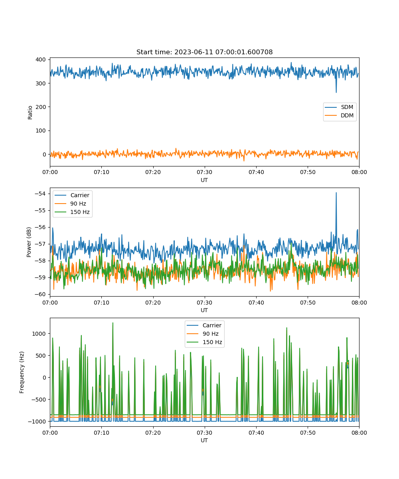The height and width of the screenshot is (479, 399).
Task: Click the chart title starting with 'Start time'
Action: (x=204, y=52)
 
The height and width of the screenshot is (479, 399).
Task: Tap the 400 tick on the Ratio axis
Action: (x=41, y=59)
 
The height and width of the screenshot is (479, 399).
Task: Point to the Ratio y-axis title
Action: (x=30, y=113)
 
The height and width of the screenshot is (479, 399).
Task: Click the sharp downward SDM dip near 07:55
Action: (x=336, y=91)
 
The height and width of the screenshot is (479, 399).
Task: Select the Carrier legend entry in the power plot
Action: (x=72, y=195)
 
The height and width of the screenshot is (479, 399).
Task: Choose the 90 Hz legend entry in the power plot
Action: (x=70, y=204)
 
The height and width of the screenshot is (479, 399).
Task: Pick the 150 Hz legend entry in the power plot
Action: (x=72, y=212)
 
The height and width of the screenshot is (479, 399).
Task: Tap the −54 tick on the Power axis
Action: (x=40, y=194)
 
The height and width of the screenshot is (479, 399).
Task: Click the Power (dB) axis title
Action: (x=29, y=242)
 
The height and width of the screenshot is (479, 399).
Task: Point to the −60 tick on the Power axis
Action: (x=40, y=294)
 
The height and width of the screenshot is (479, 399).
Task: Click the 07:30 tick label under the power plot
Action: (x=204, y=303)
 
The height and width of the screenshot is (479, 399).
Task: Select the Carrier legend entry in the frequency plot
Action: (x=204, y=325)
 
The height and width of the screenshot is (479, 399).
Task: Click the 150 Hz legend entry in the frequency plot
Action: (x=204, y=342)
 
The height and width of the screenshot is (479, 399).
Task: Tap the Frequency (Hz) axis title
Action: (x=22, y=372)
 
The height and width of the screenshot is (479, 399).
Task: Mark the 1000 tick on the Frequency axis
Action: (x=39, y=334)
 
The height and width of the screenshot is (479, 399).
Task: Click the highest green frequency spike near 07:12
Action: (x=113, y=323)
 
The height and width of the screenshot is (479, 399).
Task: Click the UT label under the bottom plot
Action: (x=204, y=440)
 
